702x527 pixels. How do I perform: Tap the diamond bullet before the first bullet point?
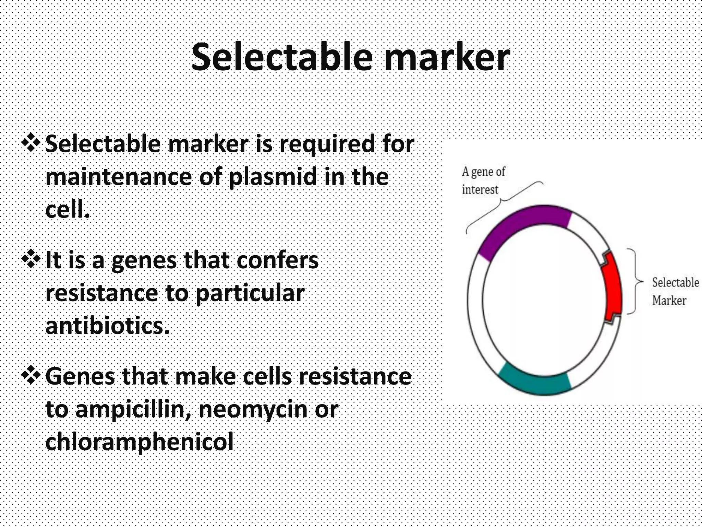[31, 143]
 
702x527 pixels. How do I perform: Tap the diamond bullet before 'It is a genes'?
[31, 260]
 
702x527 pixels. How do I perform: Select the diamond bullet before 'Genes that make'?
[31, 376]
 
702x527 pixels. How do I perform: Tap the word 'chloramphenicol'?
[139, 442]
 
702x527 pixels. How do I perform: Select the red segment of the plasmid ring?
[612, 288]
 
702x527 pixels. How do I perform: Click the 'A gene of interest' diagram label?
[483, 180]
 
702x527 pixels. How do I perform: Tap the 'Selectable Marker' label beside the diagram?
[675, 291]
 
